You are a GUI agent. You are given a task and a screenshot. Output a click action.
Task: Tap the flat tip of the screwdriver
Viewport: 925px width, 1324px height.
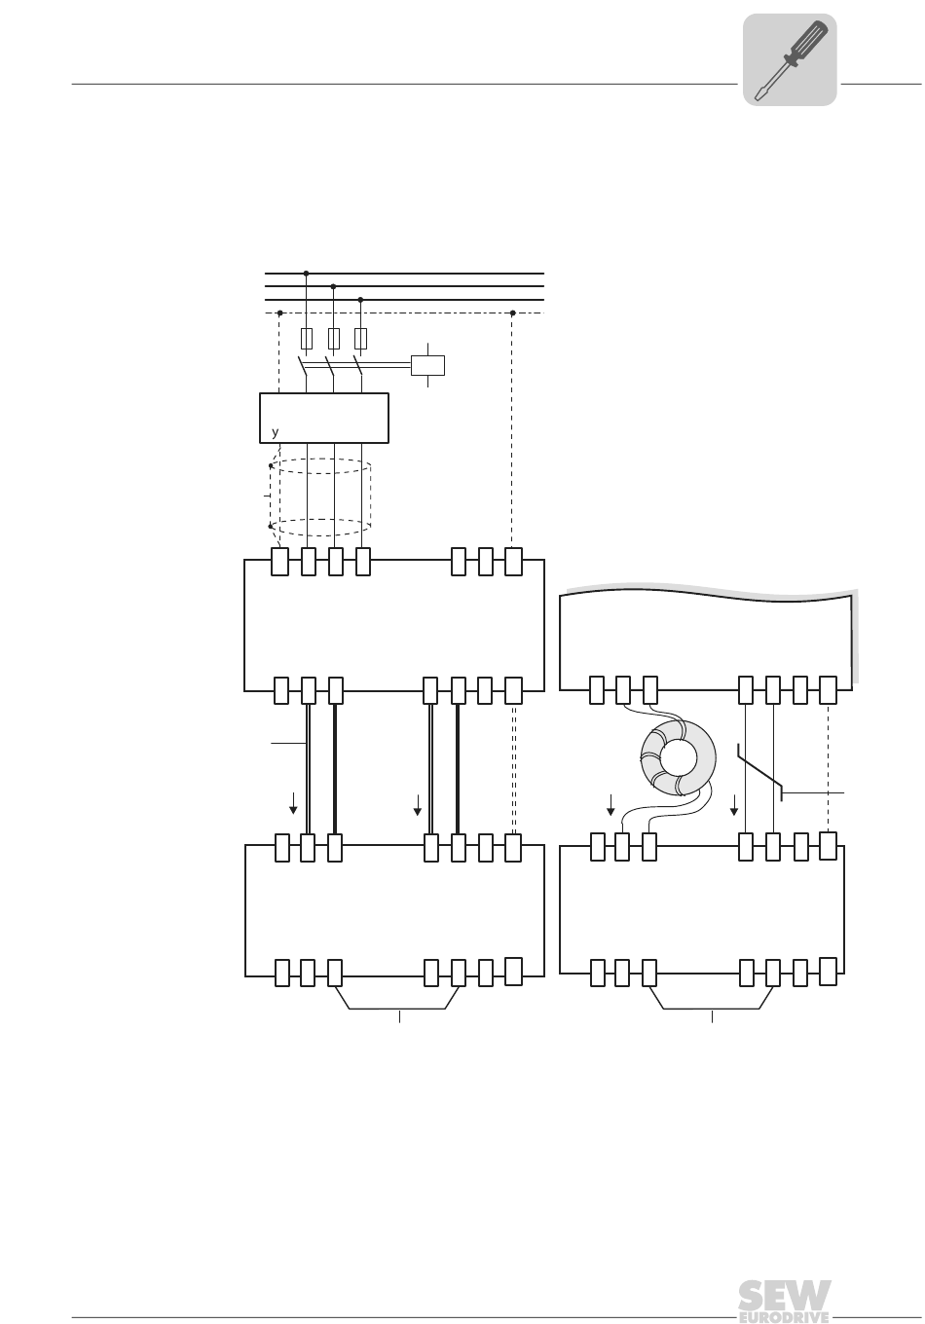point(758,94)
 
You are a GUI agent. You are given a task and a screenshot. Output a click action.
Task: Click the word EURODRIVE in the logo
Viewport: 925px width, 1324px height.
point(783,1317)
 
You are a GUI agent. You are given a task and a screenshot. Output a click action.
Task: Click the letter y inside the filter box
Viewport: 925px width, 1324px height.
point(275,432)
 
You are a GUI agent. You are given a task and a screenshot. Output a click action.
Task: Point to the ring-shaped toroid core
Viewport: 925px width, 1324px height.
point(678,757)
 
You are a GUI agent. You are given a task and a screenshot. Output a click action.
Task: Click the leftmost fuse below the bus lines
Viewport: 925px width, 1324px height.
point(306,339)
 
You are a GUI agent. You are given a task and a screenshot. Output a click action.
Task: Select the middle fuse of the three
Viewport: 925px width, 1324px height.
point(333,339)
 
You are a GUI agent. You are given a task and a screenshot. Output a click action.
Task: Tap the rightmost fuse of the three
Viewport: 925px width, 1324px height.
point(360,339)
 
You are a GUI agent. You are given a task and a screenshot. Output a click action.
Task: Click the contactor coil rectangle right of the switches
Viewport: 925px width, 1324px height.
point(427,365)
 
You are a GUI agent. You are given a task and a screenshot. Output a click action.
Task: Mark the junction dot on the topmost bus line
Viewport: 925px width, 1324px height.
point(306,273)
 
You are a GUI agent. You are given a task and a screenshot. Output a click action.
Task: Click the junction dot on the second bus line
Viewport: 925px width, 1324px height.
point(333,286)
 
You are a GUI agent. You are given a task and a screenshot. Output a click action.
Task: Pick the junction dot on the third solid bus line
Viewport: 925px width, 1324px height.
point(360,300)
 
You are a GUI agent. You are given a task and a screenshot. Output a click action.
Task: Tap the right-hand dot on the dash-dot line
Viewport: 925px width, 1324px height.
point(512,313)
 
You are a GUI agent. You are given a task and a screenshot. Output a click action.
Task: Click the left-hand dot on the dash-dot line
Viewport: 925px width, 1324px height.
point(279,313)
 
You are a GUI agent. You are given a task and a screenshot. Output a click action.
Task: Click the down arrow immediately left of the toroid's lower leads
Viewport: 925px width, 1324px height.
point(610,805)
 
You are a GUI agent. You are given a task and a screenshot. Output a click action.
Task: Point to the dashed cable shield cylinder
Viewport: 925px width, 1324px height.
point(320,497)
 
